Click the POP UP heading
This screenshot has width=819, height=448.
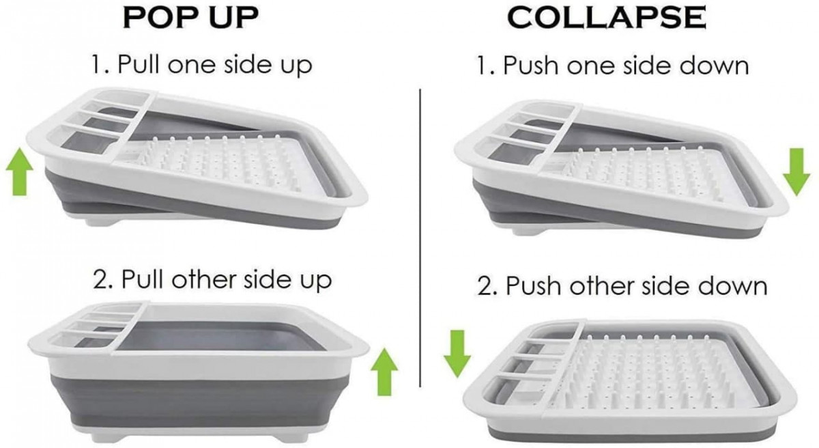coord(191,17)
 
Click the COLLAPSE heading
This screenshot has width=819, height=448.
coord(607,17)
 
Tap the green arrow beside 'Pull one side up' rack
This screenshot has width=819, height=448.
coord(19,171)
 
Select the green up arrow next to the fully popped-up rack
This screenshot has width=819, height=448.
coord(384,372)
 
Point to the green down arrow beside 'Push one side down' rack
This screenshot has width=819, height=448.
coord(796,172)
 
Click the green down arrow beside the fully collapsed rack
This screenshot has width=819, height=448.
coord(457,354)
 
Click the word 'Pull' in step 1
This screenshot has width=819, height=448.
coord(139,64)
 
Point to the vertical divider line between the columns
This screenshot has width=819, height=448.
coord(420,238)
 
